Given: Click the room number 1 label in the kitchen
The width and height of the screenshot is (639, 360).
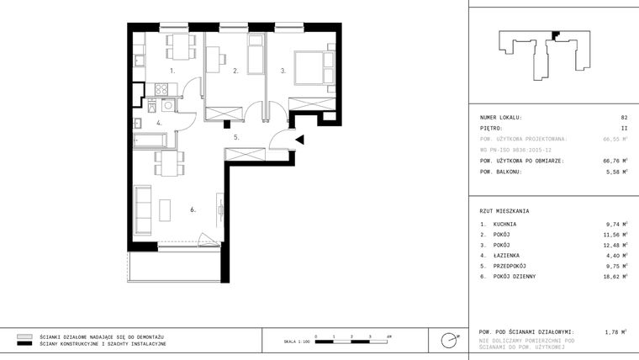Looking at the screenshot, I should click(x=172, y=71).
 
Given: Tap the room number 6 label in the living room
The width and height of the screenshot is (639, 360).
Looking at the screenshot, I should click(x=193, y=209).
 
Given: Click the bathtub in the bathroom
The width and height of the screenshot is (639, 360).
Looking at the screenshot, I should click(x=161, y=138).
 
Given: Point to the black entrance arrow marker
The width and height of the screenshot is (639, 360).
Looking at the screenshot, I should click(x=298, y=140).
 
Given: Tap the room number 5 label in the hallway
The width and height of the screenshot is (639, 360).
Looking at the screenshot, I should click(x=237, y=137).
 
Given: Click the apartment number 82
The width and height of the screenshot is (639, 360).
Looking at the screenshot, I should click(x=624, y=118).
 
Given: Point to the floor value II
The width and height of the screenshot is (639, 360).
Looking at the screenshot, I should click(x=624, y=129).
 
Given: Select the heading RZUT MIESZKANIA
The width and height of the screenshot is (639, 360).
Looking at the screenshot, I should click(x=504, y=211).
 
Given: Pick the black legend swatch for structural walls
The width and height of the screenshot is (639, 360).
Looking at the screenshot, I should click(x=24, y=344).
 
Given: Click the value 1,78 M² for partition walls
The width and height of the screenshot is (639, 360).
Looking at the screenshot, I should click(x=616, y=332).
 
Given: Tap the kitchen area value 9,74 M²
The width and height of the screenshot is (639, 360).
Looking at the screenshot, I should click(x=616, y=225).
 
